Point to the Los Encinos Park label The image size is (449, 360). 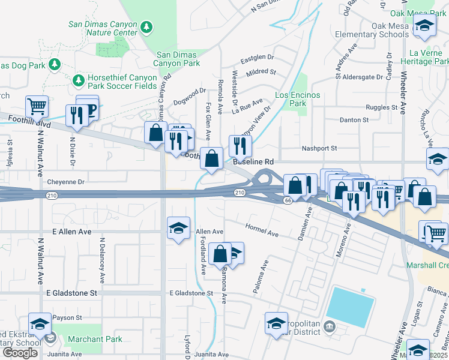pos(297,99)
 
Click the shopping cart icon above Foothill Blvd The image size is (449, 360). pos(37,107)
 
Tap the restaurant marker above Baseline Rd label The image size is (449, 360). pos(240,145)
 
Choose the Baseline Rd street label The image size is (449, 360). pos(253,162)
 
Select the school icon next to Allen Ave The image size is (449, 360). pos(178,228)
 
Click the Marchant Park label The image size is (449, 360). pos(95,339)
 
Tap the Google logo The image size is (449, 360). pos(20,353)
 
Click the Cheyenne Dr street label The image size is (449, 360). pos(67,181)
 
